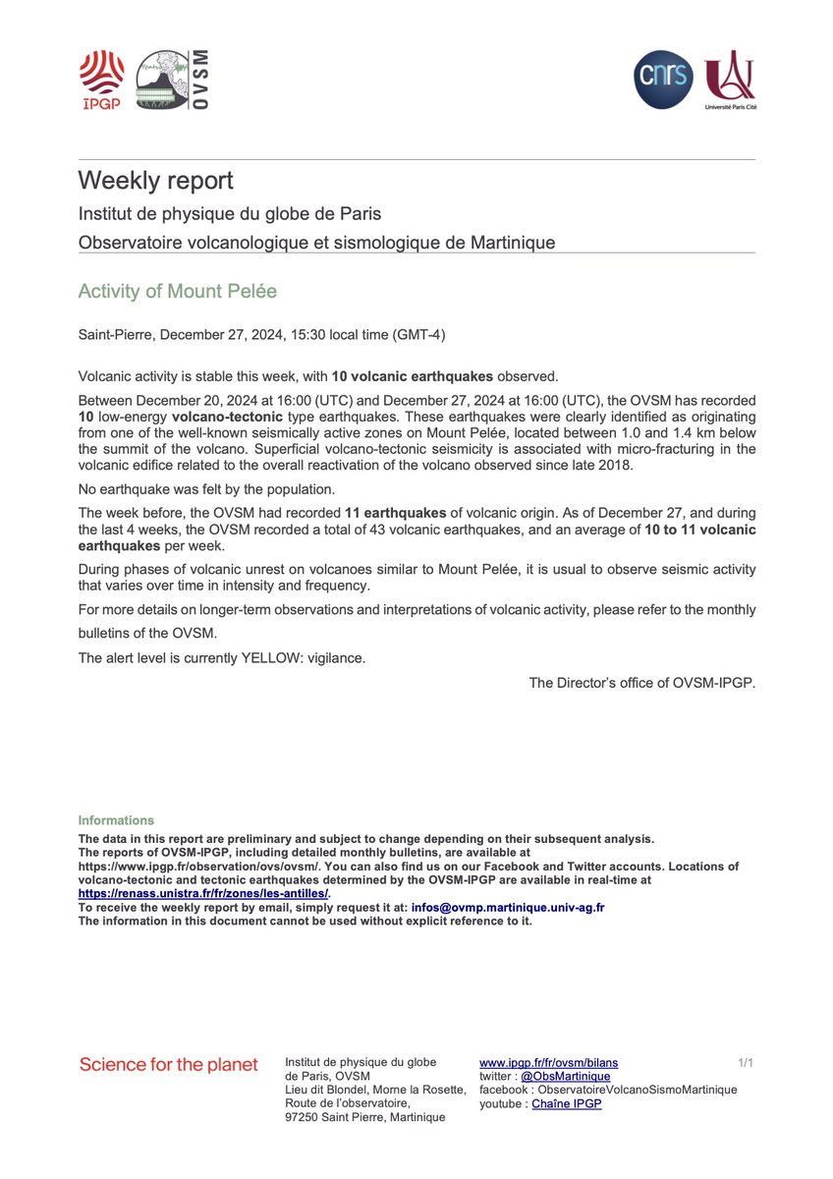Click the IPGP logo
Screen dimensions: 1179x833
click(x=101, y=80)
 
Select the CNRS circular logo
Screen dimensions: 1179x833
click(x=663, y=82)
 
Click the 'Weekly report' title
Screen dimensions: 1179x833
click(x=155, y=181)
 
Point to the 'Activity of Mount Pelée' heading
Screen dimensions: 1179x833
click(x=177, y=292)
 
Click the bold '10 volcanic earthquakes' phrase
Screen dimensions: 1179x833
click(x=414, y=375)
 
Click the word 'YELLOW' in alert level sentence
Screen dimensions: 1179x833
click(x=271, y=657)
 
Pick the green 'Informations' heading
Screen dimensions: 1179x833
click(x=116, y=820)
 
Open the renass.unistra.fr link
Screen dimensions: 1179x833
click(x=203, y=894)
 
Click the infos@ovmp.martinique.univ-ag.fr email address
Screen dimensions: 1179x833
click(x=508, y=908)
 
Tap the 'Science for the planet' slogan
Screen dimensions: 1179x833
click(x=168, y=1065)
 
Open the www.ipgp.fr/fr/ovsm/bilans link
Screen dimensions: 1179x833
click(x=548, y=1063)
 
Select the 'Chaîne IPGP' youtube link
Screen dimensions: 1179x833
click(x=567, y=1104)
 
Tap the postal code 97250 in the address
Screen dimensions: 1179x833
click(x=302, y=1117)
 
